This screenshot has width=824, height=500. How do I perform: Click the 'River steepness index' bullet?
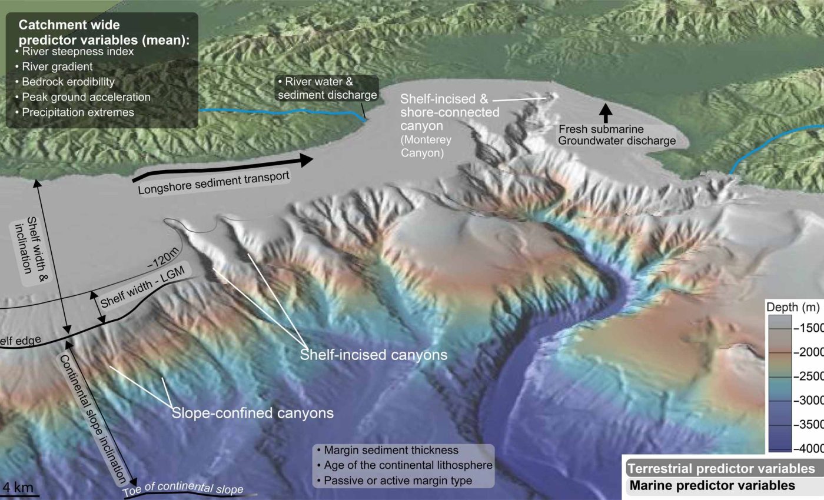[x=78, y=52]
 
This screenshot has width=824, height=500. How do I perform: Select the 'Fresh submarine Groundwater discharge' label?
[x=617, y=135]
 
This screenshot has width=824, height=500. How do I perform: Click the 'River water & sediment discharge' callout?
[x=327, y=88]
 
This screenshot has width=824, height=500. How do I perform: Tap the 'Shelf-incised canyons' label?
[x=374, y=355]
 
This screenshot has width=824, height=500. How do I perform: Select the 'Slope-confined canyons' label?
[x=252, y=413]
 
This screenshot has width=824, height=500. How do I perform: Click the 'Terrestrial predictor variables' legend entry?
[x=722, y=469]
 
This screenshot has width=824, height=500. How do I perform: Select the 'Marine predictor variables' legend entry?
[x=712, y=486]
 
